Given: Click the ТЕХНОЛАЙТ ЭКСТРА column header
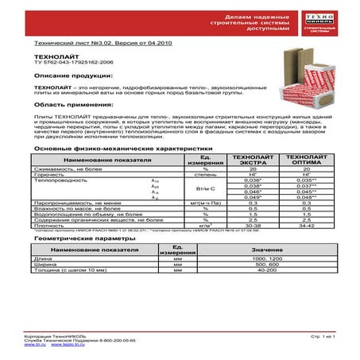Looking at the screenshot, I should click(248, 161).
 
